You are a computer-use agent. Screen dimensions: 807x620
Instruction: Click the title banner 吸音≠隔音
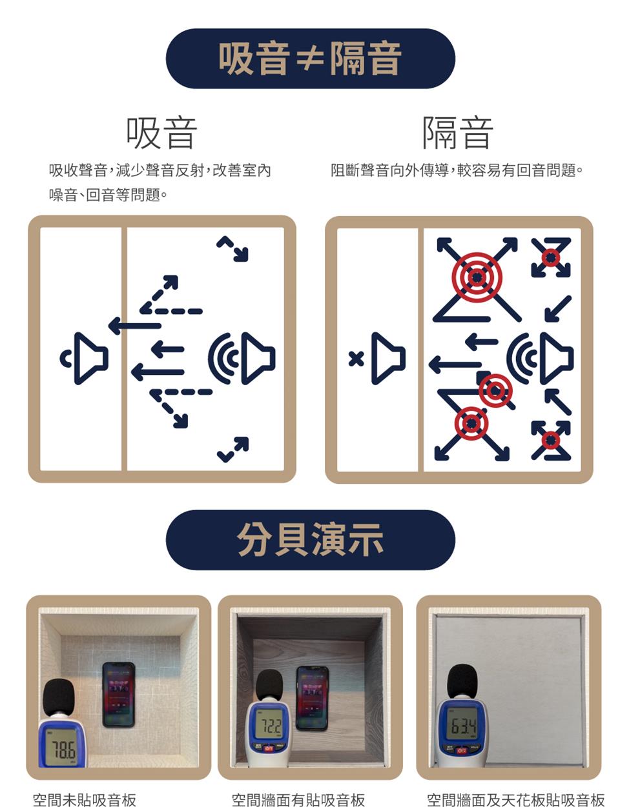click(x=310, y=59)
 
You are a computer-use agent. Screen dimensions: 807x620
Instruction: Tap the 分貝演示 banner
click(x=310, y=540)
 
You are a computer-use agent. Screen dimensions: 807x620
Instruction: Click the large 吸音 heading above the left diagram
click(x=161, y=133)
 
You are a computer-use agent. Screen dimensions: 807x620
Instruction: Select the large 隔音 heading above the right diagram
click(x=458, y=133)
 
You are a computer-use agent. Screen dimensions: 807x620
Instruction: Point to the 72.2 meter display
click(x=269, y=727)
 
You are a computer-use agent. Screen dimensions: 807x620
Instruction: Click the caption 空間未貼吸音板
click(x=85, y=800)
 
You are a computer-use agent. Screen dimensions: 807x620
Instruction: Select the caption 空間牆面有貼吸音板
click(x=298, y=800)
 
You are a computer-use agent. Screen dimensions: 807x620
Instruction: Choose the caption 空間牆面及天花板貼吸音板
click(x=515, y=800)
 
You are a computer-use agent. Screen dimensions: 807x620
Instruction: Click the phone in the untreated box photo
click(x=119, y=694)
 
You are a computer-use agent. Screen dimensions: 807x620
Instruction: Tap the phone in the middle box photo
click(x=312, y=698)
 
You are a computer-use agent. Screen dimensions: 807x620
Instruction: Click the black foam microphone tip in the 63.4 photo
click(x=462, y=681)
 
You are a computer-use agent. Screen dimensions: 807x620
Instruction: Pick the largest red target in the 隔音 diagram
click(x=477, y=277)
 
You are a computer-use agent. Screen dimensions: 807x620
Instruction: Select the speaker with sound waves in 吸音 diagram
click(x=242, y=359)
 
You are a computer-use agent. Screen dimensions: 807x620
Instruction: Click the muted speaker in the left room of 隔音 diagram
click(x=387, y=359)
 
